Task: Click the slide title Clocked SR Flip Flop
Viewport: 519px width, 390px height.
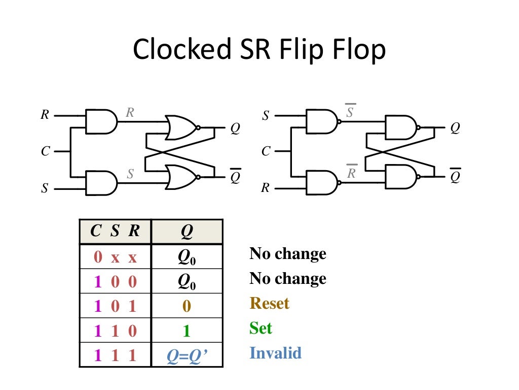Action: [x=259, y=50]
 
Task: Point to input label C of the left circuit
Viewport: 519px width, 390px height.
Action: [x=46, y=151]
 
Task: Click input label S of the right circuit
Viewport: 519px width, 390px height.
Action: [x=266, y=116]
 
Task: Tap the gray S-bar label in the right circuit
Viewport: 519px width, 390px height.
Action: [x=350, y=112]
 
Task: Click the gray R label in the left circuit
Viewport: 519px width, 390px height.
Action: [x=130, y=113]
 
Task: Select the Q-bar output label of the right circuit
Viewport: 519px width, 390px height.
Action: [x=455, y=176]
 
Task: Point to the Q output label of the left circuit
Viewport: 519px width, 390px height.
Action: [x=235, y=129]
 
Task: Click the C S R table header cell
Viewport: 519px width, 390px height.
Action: [x=115, y=232]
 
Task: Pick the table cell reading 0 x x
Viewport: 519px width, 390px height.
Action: [x=115, y=257]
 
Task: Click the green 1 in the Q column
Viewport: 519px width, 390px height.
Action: [x=187, y=332]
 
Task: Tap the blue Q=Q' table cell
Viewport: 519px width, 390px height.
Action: [x=187, y=356]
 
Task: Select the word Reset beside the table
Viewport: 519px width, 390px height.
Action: [x=269, y=304]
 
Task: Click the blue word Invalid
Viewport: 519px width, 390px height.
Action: [x=275, y=353]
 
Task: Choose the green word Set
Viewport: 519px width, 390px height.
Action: [x=261, y=328]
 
